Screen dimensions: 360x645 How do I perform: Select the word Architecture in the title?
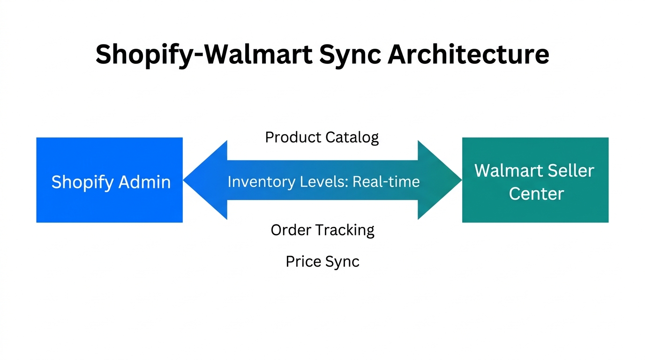(x=468, y=55)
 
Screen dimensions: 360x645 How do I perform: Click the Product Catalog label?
(x=322, y=137)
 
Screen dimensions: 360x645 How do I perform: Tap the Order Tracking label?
(x=322, y=230)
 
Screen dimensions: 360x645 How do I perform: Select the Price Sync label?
(x=322, y=262)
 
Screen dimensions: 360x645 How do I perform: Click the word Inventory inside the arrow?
(x=256, y=181)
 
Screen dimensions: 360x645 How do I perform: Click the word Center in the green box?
(x=536, y=194)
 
